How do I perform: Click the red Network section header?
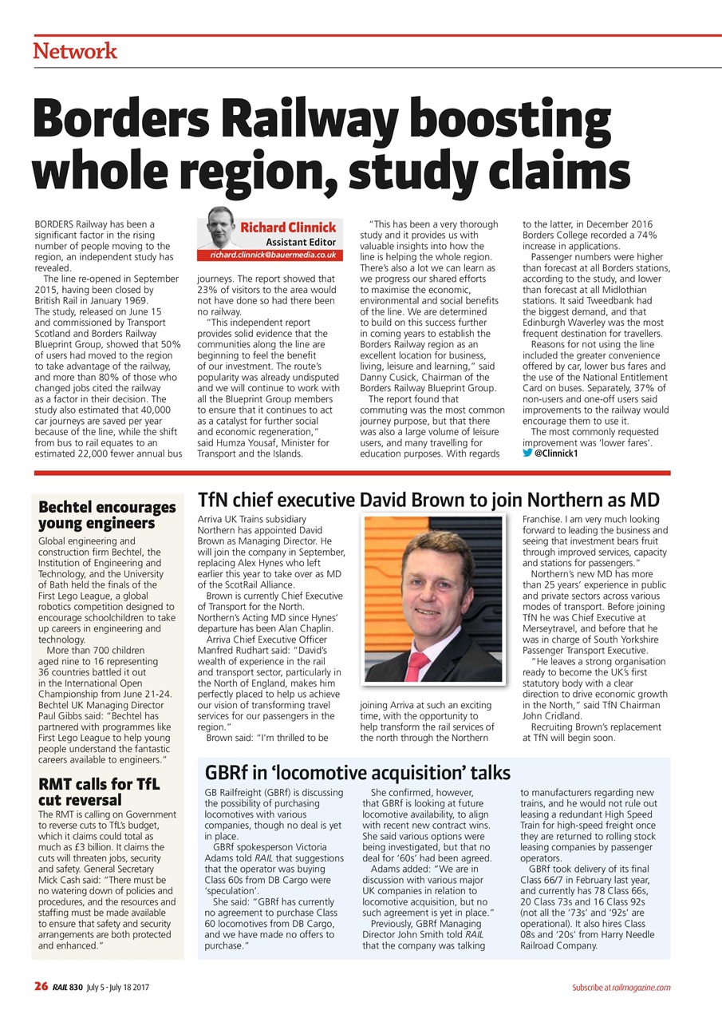[x=75, y=51]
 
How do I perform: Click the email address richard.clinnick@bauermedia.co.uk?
[x=272, y=255]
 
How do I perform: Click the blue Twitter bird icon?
[x=527, y=454]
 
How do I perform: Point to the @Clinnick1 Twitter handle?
[x=556, y=454]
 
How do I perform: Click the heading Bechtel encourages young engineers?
[x=107, y=515]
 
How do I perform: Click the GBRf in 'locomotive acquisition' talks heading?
[x=357, y=772]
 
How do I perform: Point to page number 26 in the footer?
[x=41, y=987]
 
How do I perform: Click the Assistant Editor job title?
[x=300, y=242]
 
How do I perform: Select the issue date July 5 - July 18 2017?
[x=117, y=988]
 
